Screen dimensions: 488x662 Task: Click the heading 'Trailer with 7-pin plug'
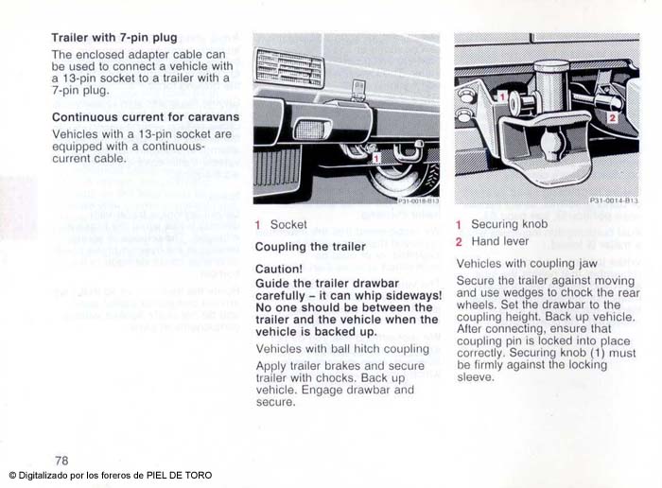113,38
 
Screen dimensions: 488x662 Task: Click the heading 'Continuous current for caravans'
145,117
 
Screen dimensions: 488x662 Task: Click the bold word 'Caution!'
278,269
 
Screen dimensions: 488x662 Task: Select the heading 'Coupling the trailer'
310,246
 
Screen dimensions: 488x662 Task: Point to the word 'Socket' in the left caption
288,225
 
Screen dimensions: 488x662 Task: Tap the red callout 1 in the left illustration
376,159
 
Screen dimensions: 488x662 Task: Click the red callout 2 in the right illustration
612,117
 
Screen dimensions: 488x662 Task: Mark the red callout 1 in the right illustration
501,97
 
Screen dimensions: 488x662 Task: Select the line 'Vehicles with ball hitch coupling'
342,349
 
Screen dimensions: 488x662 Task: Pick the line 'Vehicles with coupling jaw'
527,264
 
